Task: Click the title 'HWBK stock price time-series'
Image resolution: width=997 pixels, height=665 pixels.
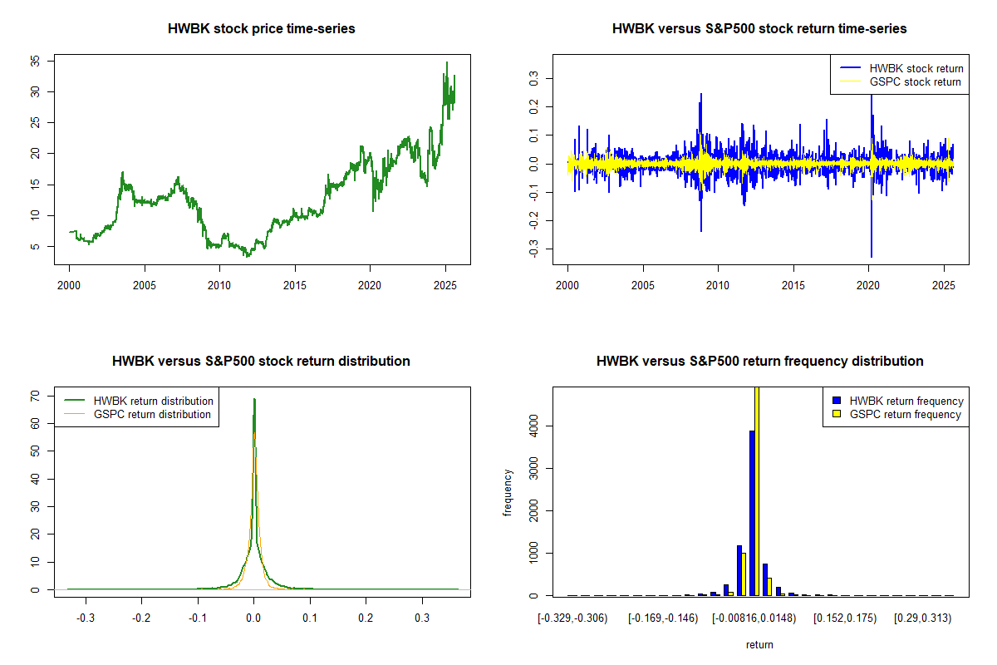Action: [262, 29]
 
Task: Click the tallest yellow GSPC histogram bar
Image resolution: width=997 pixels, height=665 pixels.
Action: [757, 490]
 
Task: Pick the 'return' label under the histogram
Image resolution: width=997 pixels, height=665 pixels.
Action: [759, 644]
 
